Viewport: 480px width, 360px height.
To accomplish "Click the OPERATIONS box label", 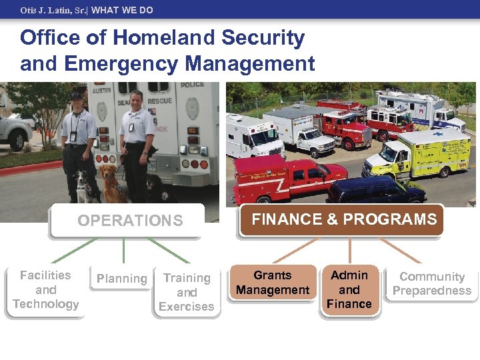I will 130,221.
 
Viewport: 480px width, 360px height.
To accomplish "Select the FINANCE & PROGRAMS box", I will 344,219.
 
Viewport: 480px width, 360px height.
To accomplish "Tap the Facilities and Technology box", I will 45,290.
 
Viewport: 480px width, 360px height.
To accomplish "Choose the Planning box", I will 121,279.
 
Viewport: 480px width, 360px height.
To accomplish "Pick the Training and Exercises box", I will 187,292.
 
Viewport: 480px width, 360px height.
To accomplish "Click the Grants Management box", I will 273,283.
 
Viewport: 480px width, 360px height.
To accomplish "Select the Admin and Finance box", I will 349,289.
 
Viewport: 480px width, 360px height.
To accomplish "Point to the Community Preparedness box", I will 432,283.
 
